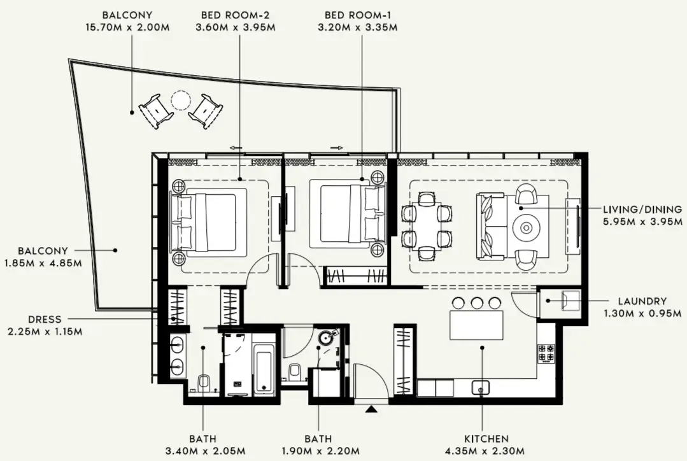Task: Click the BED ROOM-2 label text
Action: point(239,15)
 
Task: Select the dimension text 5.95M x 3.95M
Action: point(642,222)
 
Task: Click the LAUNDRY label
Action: point(642,301)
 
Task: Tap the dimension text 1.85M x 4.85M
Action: point(43,263)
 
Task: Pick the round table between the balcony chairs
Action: point(181,101)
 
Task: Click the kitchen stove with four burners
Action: point(546,353)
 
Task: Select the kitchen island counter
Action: point(476,325)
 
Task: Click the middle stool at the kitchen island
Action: point(476,302)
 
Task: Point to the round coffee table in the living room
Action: point(528,227)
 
